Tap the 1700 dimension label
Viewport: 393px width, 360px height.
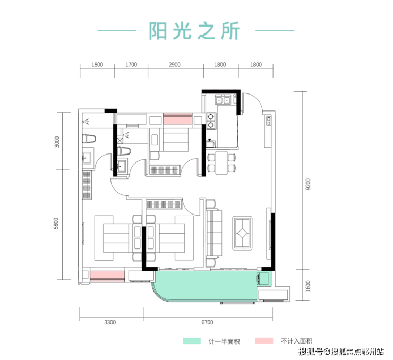click(131, 65)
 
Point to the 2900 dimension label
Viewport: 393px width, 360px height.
click(175, 65)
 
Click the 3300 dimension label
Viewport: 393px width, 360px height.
click(110, 322)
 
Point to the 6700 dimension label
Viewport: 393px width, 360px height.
click(207, 322)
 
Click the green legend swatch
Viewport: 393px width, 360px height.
click(192, 340)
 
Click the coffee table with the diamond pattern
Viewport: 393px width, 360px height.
click(244, 232)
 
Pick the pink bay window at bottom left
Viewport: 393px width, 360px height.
click(107, 275)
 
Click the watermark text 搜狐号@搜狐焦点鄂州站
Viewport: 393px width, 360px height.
click(340, 352)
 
